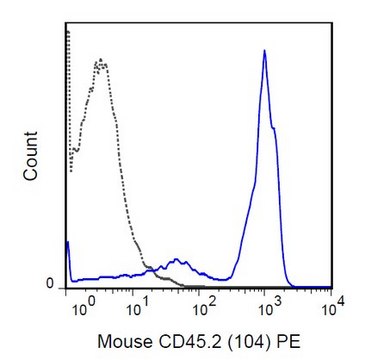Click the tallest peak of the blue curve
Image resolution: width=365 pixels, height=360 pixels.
264,51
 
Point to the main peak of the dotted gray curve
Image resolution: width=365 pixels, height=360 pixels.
100,62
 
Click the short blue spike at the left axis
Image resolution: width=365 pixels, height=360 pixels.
67,243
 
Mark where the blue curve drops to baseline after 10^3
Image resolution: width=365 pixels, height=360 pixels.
290,284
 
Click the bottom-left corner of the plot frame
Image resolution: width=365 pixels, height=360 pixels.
66,290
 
